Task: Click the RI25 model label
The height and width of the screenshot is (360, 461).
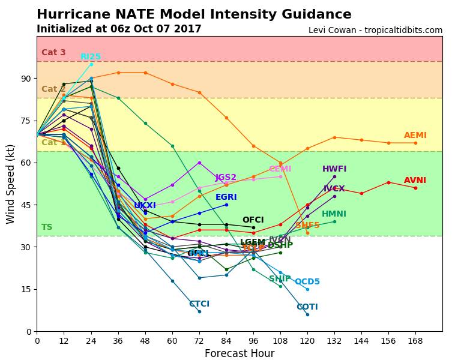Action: pyautogui.click(x=91, y=57)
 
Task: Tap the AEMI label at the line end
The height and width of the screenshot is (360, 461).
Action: pyautogui.click(x=415, y=136)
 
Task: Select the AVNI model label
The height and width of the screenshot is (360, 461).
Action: pyautogui.click(x=415, y=181)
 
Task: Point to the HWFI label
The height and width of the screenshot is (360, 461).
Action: pyautogui.click(x=334, y=169)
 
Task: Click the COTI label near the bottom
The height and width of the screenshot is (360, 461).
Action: pyautogui.click(x=307, y=307)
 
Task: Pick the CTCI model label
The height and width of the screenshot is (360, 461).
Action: pyautogui.click(x=199, y=304)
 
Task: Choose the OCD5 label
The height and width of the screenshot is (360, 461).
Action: pyautogui.click(x=307, y=282)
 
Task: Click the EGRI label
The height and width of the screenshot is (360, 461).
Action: pyautogui.click(x=226, y=197)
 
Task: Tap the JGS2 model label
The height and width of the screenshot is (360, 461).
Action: pyautogui.click(x=226, y=178)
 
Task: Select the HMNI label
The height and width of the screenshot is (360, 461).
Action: pyautogui.click(x=334, y=214)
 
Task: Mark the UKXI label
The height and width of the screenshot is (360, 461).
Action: pyautogui.click(x=145, y=206)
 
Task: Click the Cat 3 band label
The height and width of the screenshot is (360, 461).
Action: pyautogui.click(x=53, y=53)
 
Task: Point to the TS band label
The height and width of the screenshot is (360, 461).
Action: pyautogui.click(x=47, y=227)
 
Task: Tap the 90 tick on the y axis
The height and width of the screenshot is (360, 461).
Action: pyautogui.click(x=25, y=79)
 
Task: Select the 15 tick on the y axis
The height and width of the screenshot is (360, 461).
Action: pyautogui.click(x=25, y=289)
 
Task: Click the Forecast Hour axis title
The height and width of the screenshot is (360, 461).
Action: pyautogui.click(x=239, y=354)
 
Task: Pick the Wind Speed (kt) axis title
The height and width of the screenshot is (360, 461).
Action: pyautogui.click(x=11, y=184)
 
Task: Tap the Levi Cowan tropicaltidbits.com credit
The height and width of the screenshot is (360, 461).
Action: pyautogui.click(x=375, y=30)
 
